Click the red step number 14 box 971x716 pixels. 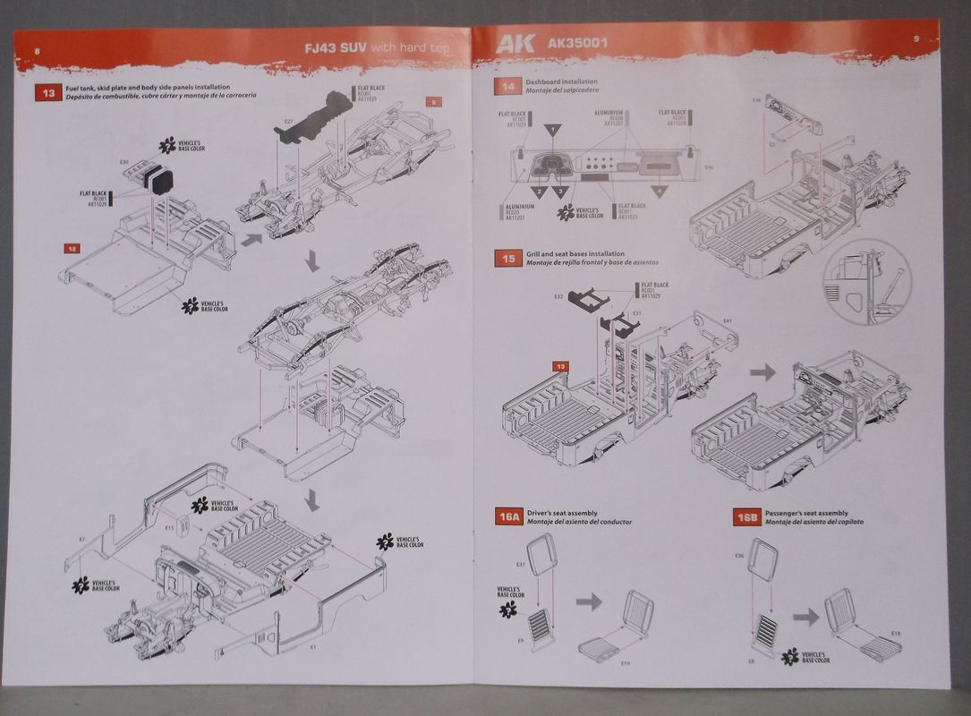pyautogui.click(x=508, y=87)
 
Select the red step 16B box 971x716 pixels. pyautogui.click(x=746, y=516)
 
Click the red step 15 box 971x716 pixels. pyautogui.click(x=508, y=258)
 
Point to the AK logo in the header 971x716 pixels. pyautogui.click(x=515, y=43)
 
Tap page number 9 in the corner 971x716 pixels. pyautogui.click(x=916, y=38)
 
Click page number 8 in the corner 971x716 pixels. pyautogui.click(x=36, y=50)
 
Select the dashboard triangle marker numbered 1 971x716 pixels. pyautogui.click(x=554, y=131)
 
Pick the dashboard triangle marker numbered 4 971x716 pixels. pyautogui.click(x=660, y=191)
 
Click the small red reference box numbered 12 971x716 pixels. pyautogui.click(x=72, y=248)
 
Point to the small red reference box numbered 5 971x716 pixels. pyautogui.click(x=434, y=102)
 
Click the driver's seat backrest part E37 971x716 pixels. pyautogui.click(x=541, y=554)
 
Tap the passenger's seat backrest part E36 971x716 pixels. pyautogui.click(x=763, y=560)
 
